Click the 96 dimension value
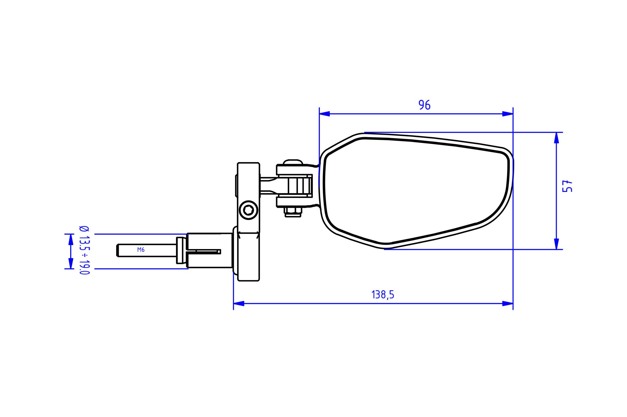click(x=424, y=105)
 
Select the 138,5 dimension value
click(x=383, y=295)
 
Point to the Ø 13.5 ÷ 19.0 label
click(x=84, y=250)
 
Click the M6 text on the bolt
click(x=141, y=250)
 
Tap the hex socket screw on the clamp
click(x=248, y=210)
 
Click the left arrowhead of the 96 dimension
click(x=324, y=114)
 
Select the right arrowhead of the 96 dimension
click(x=508, y=114)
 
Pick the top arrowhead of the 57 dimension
click(x=556, y=138)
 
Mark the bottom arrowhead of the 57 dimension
click(x=556, y=244)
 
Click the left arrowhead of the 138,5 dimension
click(x=239, y=304)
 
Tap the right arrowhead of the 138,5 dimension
click(x=508, y=304)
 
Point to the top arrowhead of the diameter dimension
click(x=70, y=239)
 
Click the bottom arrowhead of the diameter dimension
click(x=70, y=263)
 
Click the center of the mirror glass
click(x=415, y=190)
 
